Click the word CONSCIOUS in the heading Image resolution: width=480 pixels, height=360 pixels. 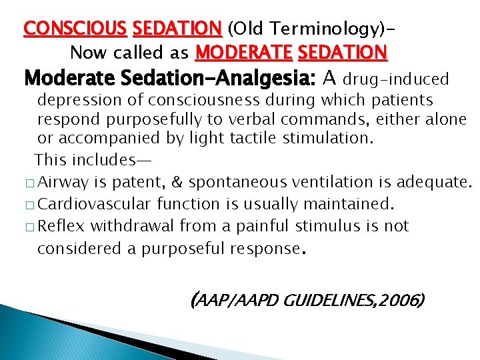pos(75,29)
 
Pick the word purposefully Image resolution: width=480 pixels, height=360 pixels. pos(177,120)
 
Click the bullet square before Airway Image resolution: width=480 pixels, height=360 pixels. pos(30,182)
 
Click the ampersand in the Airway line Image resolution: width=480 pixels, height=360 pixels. pos(178,181)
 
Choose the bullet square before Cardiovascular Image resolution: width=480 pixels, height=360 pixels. pos(30,205)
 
